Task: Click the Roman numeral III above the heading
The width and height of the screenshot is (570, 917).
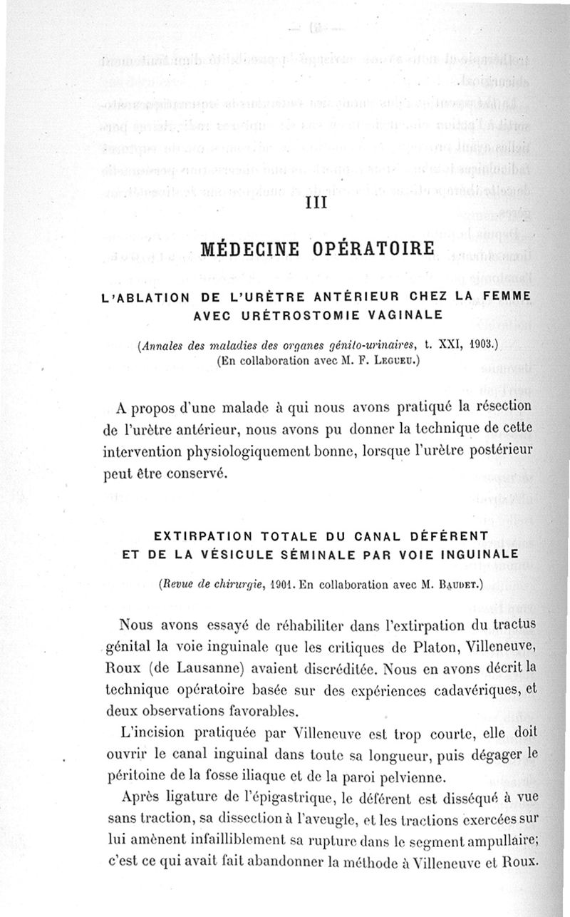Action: coord(315,203)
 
